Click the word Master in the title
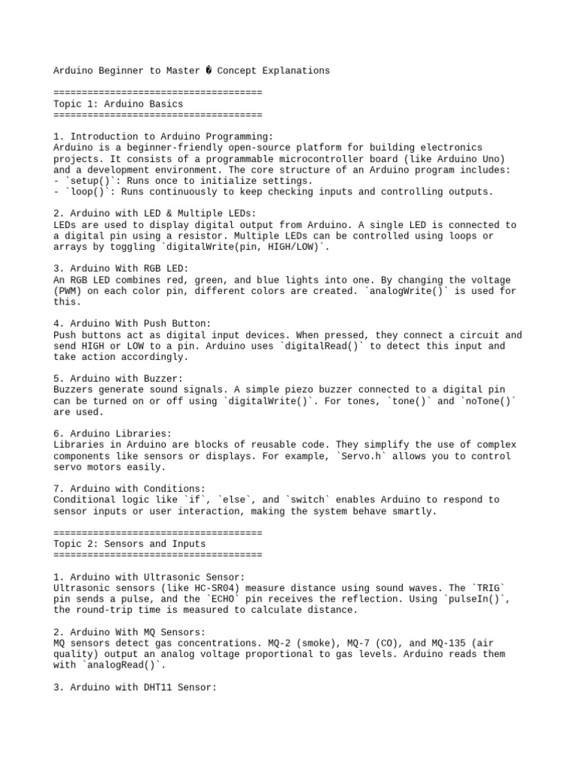pyautogui.click(x=181, y=70)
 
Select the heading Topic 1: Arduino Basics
pyautogui.click(x=118, y=103)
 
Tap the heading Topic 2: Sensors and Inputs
pyautogui.click(x=130, y=544)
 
